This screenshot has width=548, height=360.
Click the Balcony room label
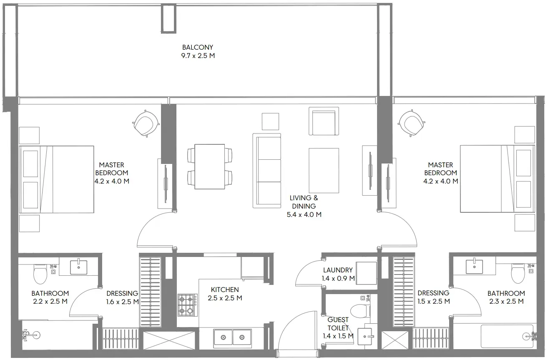pyautogui.click(x=198, y=51)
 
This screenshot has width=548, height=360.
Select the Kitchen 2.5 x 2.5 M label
pyautogui.click(x=225, y=294)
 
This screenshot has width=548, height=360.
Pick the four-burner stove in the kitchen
pyautogui.click(x=187, y=305)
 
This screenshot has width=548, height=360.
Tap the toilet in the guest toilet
pyautogui.click(x=360, y=310)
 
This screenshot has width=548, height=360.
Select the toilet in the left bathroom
pyautogui.click(x=40, y=274)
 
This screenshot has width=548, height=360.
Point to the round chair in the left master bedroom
pyautogui.click(x=146, y=123)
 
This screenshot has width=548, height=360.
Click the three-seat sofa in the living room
pyautogui.click(x=267, y=171)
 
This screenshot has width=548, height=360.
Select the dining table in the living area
pyautogui.click(x=210, y=167)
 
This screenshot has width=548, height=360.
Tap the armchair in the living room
pyautogui.click(x=324, y=121)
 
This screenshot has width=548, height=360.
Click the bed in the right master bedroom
pyautogui.click(x=498, y=179)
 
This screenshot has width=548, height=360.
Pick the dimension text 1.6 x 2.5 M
pyautogui.click(x=122, y=302)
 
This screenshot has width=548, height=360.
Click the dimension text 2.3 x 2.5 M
pyautogui.click(x=506, y=301)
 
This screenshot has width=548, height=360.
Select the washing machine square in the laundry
pyautogui.click(x=366, y=273)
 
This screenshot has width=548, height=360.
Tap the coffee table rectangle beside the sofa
pyautogui.click(x=324, y=170)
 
